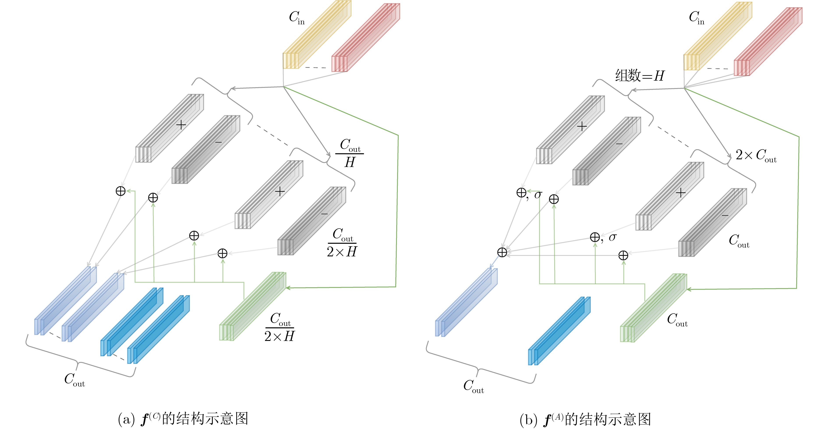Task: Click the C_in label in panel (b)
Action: click(696, 18)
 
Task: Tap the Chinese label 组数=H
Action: click(639, 76)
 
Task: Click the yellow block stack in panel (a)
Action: click(317, 35)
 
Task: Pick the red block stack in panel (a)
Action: click(365, 38)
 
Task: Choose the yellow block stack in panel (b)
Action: click(717, 36)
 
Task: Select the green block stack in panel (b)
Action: click(653, 308)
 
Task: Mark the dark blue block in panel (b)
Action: click(559, 331)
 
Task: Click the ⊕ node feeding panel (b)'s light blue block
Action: click(502, 252)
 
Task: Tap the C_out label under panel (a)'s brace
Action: click(74, 380)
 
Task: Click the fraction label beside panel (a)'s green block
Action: click(279, 327)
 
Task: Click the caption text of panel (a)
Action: click(183, 419)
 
